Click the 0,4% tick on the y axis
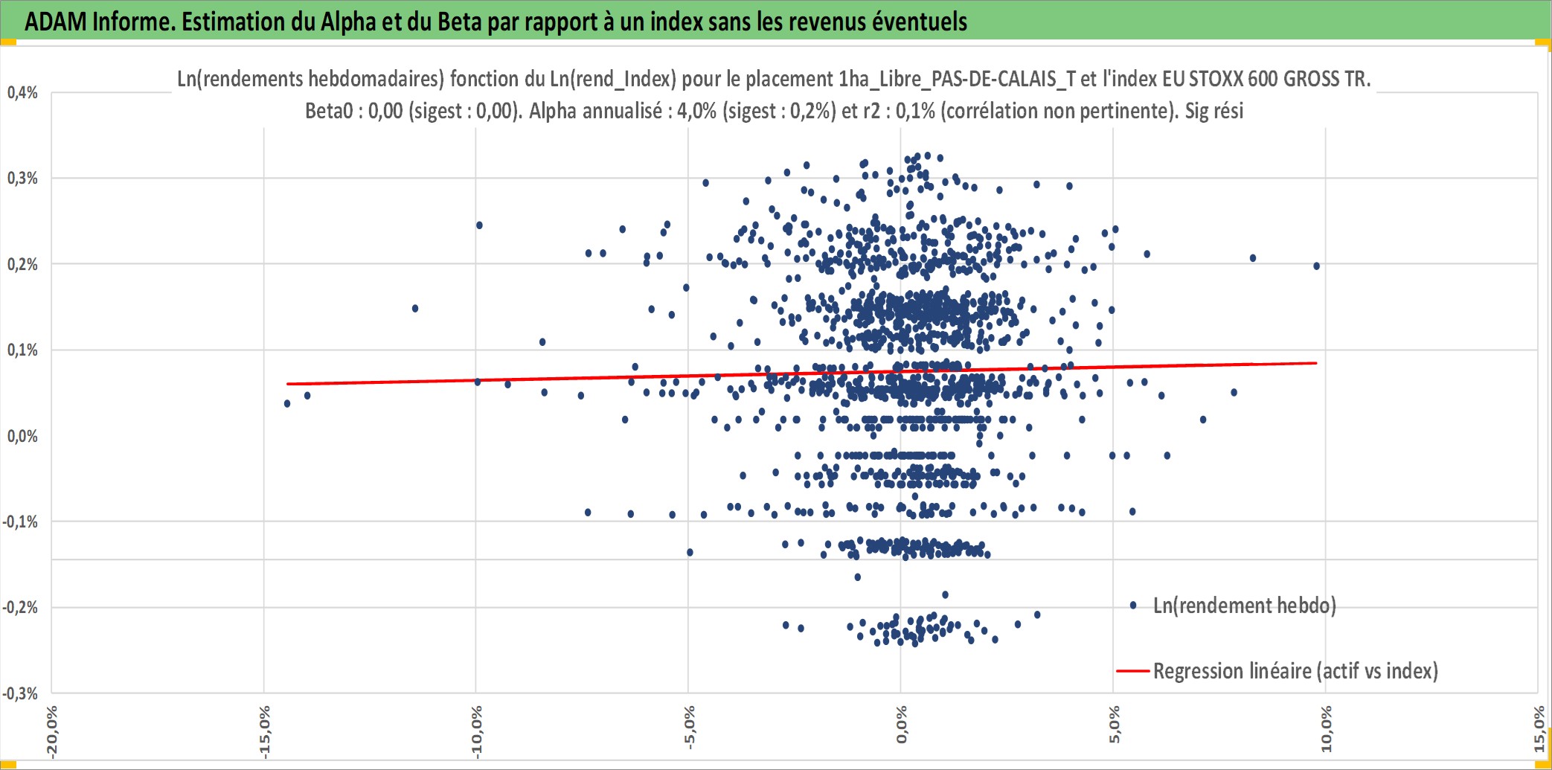pos(22,92)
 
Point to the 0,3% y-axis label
pos(22,178)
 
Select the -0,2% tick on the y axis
pos(20,607)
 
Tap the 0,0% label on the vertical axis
pos(22,436)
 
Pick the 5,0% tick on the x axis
pos(1114,725)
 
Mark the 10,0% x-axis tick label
pos(1326,729)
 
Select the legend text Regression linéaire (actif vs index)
pos(1295,671)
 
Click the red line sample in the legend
pos(1133,671)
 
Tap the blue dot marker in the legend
pos(1133,606)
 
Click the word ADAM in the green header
pos(56,22)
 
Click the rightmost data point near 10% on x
pos(1317,266)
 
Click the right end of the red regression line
pos(1317,363)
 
